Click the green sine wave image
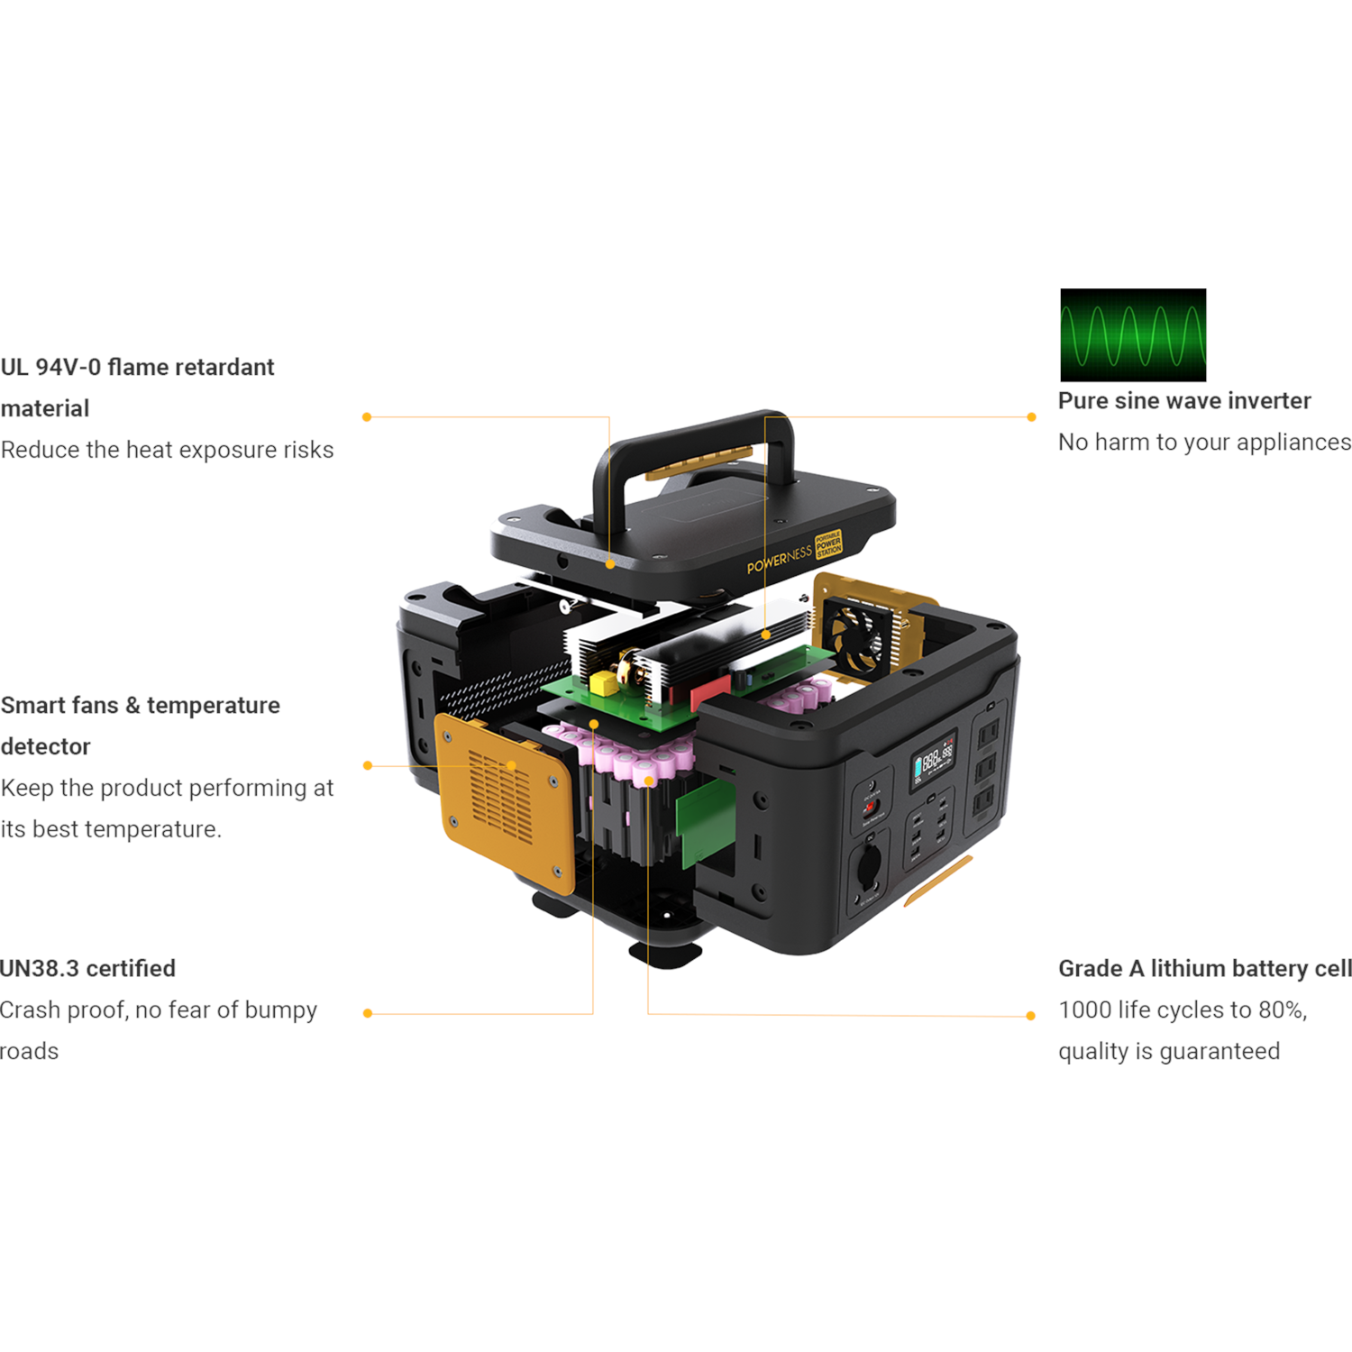[x=1133, y=335]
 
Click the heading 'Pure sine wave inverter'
[x=1184, y=401]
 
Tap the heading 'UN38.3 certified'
[x=87, y=969]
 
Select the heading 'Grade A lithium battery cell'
[x=1205, y=969]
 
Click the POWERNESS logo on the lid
[x=779, y=560]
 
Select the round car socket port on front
[x=868, y=865]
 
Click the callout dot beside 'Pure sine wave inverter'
[x=1031, y=417]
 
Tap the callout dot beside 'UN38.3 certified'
[x=368, y=1014]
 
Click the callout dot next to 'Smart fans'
[x=368, y=766]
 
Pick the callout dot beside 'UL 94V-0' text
[x=367, y=417]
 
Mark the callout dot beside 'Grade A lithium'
[x=1031, y=1016]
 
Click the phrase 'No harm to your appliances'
[x=1204, y=443]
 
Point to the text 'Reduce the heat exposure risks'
[x=167, y=450]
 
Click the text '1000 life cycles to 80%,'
[x=1183, y=1010]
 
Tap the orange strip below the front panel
[x=937, y=881]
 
